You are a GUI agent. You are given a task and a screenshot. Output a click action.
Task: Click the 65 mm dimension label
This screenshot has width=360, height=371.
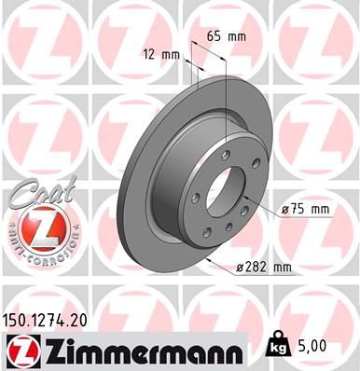[x=224, y=35]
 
